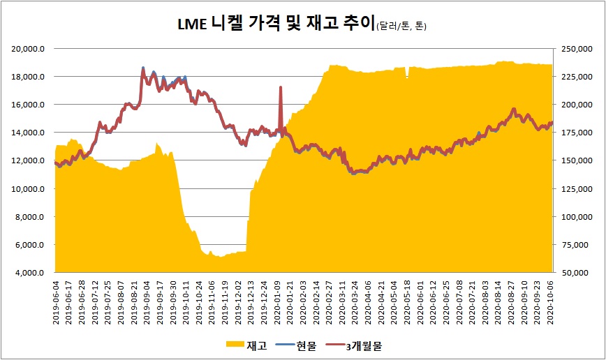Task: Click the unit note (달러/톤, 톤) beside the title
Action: point(401,27)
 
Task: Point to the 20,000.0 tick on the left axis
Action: point(31,48)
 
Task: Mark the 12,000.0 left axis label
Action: point(31,160)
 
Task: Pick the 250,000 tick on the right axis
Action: point(572,48)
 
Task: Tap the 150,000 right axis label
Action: point(572,160)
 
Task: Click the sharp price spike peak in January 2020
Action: point(281,87)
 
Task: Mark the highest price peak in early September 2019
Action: point(144,68)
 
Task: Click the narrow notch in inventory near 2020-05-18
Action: point(407,76)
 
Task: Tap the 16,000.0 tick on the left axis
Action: point(31,105)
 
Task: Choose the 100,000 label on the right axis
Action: point(572,217)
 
